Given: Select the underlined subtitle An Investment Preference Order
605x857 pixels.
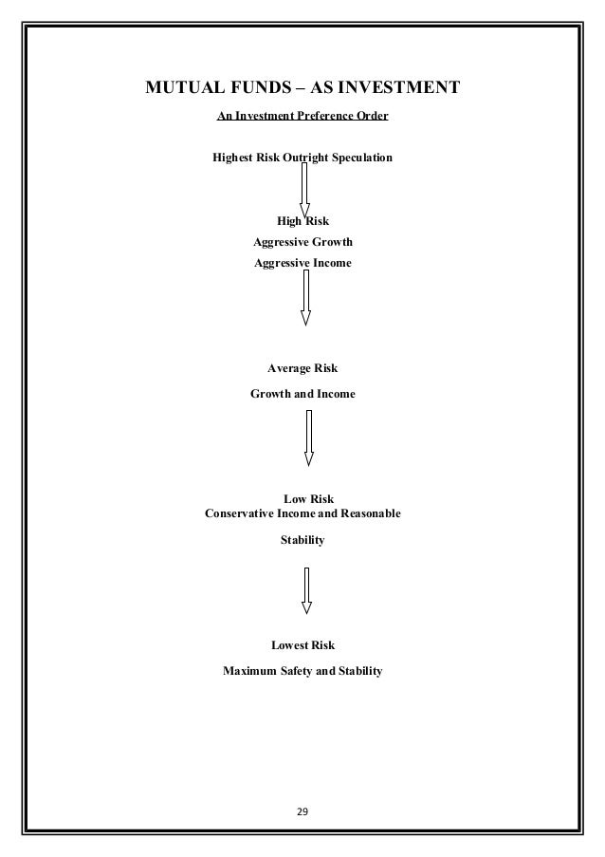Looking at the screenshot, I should (x=302, y=117).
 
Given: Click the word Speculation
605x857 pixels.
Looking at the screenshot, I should (x=357, y=157).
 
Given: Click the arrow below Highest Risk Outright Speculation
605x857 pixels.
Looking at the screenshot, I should (x=305, y=191).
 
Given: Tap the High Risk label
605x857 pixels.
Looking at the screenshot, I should (x=302, y=222).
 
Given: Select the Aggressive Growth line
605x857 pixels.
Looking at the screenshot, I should (x=302, y=242).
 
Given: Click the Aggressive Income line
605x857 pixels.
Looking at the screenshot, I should (x=302, y=262).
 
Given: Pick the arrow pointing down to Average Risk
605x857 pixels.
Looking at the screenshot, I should (x=305, y=297).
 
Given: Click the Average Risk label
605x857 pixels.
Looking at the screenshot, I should (x=302, y=368).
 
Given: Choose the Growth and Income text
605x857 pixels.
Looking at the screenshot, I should (x=302, y=393).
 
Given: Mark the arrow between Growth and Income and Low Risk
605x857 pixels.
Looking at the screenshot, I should (x=308, y=438).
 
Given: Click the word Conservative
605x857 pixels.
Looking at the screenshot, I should (x=239, y=513).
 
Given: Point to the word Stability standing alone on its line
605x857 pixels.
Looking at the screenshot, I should (x=302, y=540).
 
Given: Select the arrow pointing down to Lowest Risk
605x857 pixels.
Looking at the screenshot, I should (x=306, y=590).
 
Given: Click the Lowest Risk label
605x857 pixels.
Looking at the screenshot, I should (x=302, y=646).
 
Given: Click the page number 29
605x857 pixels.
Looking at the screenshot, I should (x=302, y=813).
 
